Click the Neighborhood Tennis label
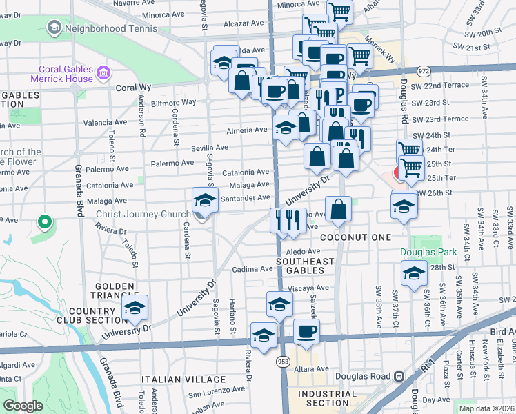(x=110, y=29)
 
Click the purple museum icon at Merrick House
(x=103, y=72)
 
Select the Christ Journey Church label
(x=142, y=215)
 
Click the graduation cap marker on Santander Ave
(x=204, y=200)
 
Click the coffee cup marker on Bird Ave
(x=306, y=331)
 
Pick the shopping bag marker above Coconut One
(x=339, y=210)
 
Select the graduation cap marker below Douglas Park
(x=414, y=274)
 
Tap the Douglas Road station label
(x=363, y=377)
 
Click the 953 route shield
(x=284, y=361)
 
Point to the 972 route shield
(x=424, y=71)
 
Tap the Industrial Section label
(x=328, y=399)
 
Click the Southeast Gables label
(x=305, y=266)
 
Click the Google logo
(x=23, y=406)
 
